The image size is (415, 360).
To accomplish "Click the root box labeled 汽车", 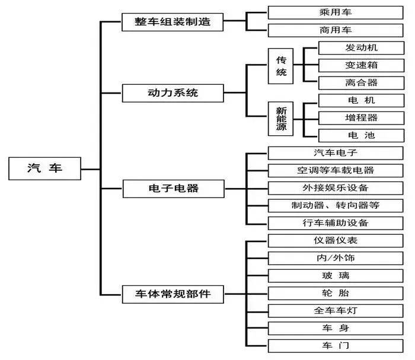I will [x=44, y=168].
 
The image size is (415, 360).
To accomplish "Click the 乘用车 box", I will [x=336, y=12].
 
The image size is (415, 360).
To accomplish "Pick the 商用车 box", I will [x=336, y=30].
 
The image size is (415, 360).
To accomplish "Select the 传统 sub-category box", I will [x=282, y=66].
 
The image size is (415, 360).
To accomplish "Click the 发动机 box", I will [x=360, y=48].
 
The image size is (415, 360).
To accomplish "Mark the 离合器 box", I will [x=360, y=82].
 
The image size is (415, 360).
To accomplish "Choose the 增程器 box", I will [x=360, y=117].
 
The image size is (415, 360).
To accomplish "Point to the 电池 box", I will [x=360, y=135].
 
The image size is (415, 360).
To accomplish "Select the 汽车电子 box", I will [x=336, y=153].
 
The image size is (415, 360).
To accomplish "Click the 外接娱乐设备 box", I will [x=336, y=188].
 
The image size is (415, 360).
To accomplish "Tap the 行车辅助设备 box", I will [x=336, y=223].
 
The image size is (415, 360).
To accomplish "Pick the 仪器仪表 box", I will [x=336, y=241].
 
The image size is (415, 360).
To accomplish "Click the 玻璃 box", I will [x=336, y=275].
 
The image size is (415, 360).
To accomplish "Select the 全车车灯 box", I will [x=336, y=310].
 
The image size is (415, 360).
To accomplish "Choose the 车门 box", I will [x=336, y=345].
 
